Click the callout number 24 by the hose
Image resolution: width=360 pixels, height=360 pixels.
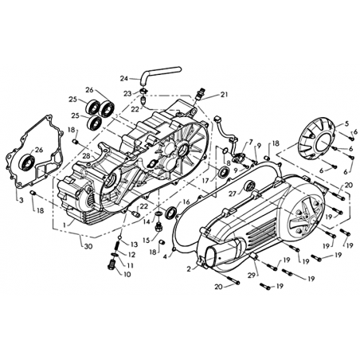click(124, 79)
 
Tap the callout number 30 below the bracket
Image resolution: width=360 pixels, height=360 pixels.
click(88, 246)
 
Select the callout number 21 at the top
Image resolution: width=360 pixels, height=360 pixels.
click(224, 95)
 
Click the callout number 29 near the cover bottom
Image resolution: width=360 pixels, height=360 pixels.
click(251, 276)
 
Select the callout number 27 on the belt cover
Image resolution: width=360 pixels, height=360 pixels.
click(233, 194)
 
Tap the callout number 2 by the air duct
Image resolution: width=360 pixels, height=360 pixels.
click(189, 269)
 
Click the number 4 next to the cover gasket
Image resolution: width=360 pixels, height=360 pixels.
click(166, 256)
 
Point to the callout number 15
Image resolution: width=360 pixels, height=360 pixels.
click(147, 241)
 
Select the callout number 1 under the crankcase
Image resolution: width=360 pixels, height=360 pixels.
click(64, 225)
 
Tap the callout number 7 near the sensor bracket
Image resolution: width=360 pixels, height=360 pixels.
click(251, 143)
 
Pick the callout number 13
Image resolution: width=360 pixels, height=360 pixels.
click(134, 245)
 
